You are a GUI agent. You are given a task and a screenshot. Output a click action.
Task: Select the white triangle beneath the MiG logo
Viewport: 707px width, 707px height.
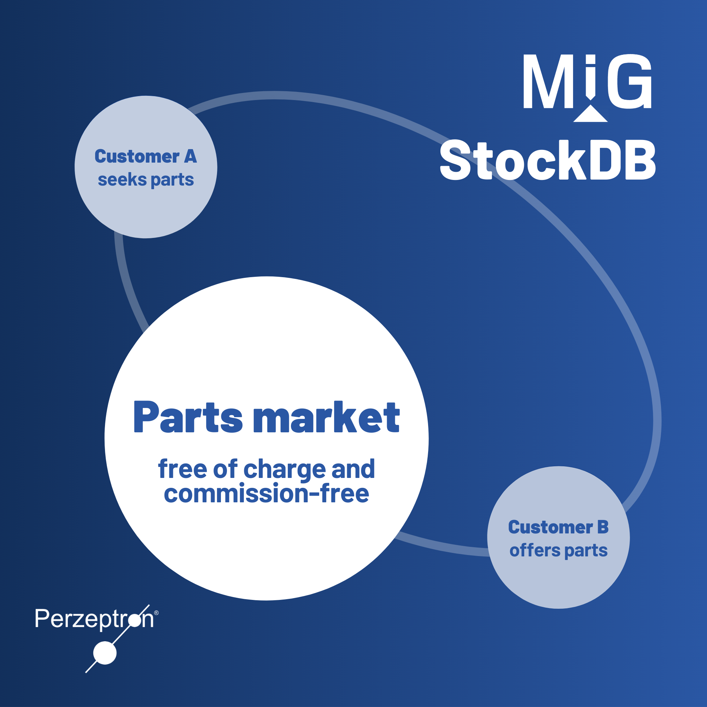tap(590, 115)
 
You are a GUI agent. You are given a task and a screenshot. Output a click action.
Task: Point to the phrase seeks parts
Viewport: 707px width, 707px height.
tap(146, 180)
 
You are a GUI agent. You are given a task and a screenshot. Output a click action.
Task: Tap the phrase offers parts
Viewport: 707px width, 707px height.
tap(559, 550)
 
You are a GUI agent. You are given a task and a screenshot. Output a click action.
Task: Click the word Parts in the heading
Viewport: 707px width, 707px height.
tap(188, 417)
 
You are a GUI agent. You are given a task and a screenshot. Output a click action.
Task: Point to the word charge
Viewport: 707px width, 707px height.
tap(284, 469)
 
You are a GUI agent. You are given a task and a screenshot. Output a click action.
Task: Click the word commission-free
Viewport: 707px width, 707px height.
tap(267, 493)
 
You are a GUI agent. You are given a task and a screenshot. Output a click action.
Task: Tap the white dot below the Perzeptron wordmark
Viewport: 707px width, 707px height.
tap(105, 653)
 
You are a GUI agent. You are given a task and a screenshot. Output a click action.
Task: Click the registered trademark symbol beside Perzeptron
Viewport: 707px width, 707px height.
tap(157, 613)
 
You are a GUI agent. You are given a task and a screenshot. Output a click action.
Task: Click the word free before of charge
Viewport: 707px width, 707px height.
tap(183, 469)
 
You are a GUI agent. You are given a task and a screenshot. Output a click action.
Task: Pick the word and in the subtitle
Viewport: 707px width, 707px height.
tap(353, 469)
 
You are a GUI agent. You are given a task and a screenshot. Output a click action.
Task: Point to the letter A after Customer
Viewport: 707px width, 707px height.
tap(190, 157)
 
